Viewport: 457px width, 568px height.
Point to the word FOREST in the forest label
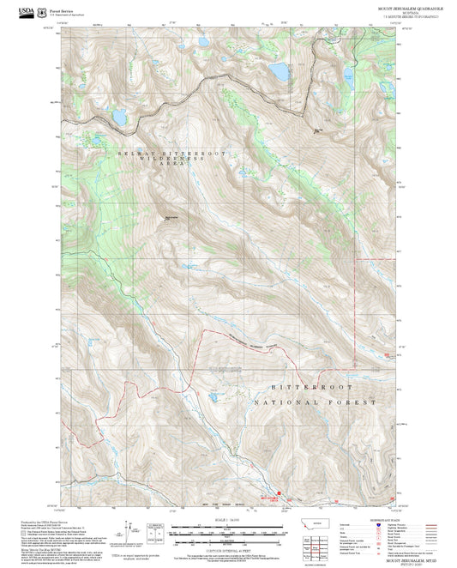[x=354, y=402]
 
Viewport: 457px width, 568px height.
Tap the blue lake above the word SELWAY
[x=119, y=115]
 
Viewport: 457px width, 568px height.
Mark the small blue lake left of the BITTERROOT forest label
[x=210, y=397]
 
